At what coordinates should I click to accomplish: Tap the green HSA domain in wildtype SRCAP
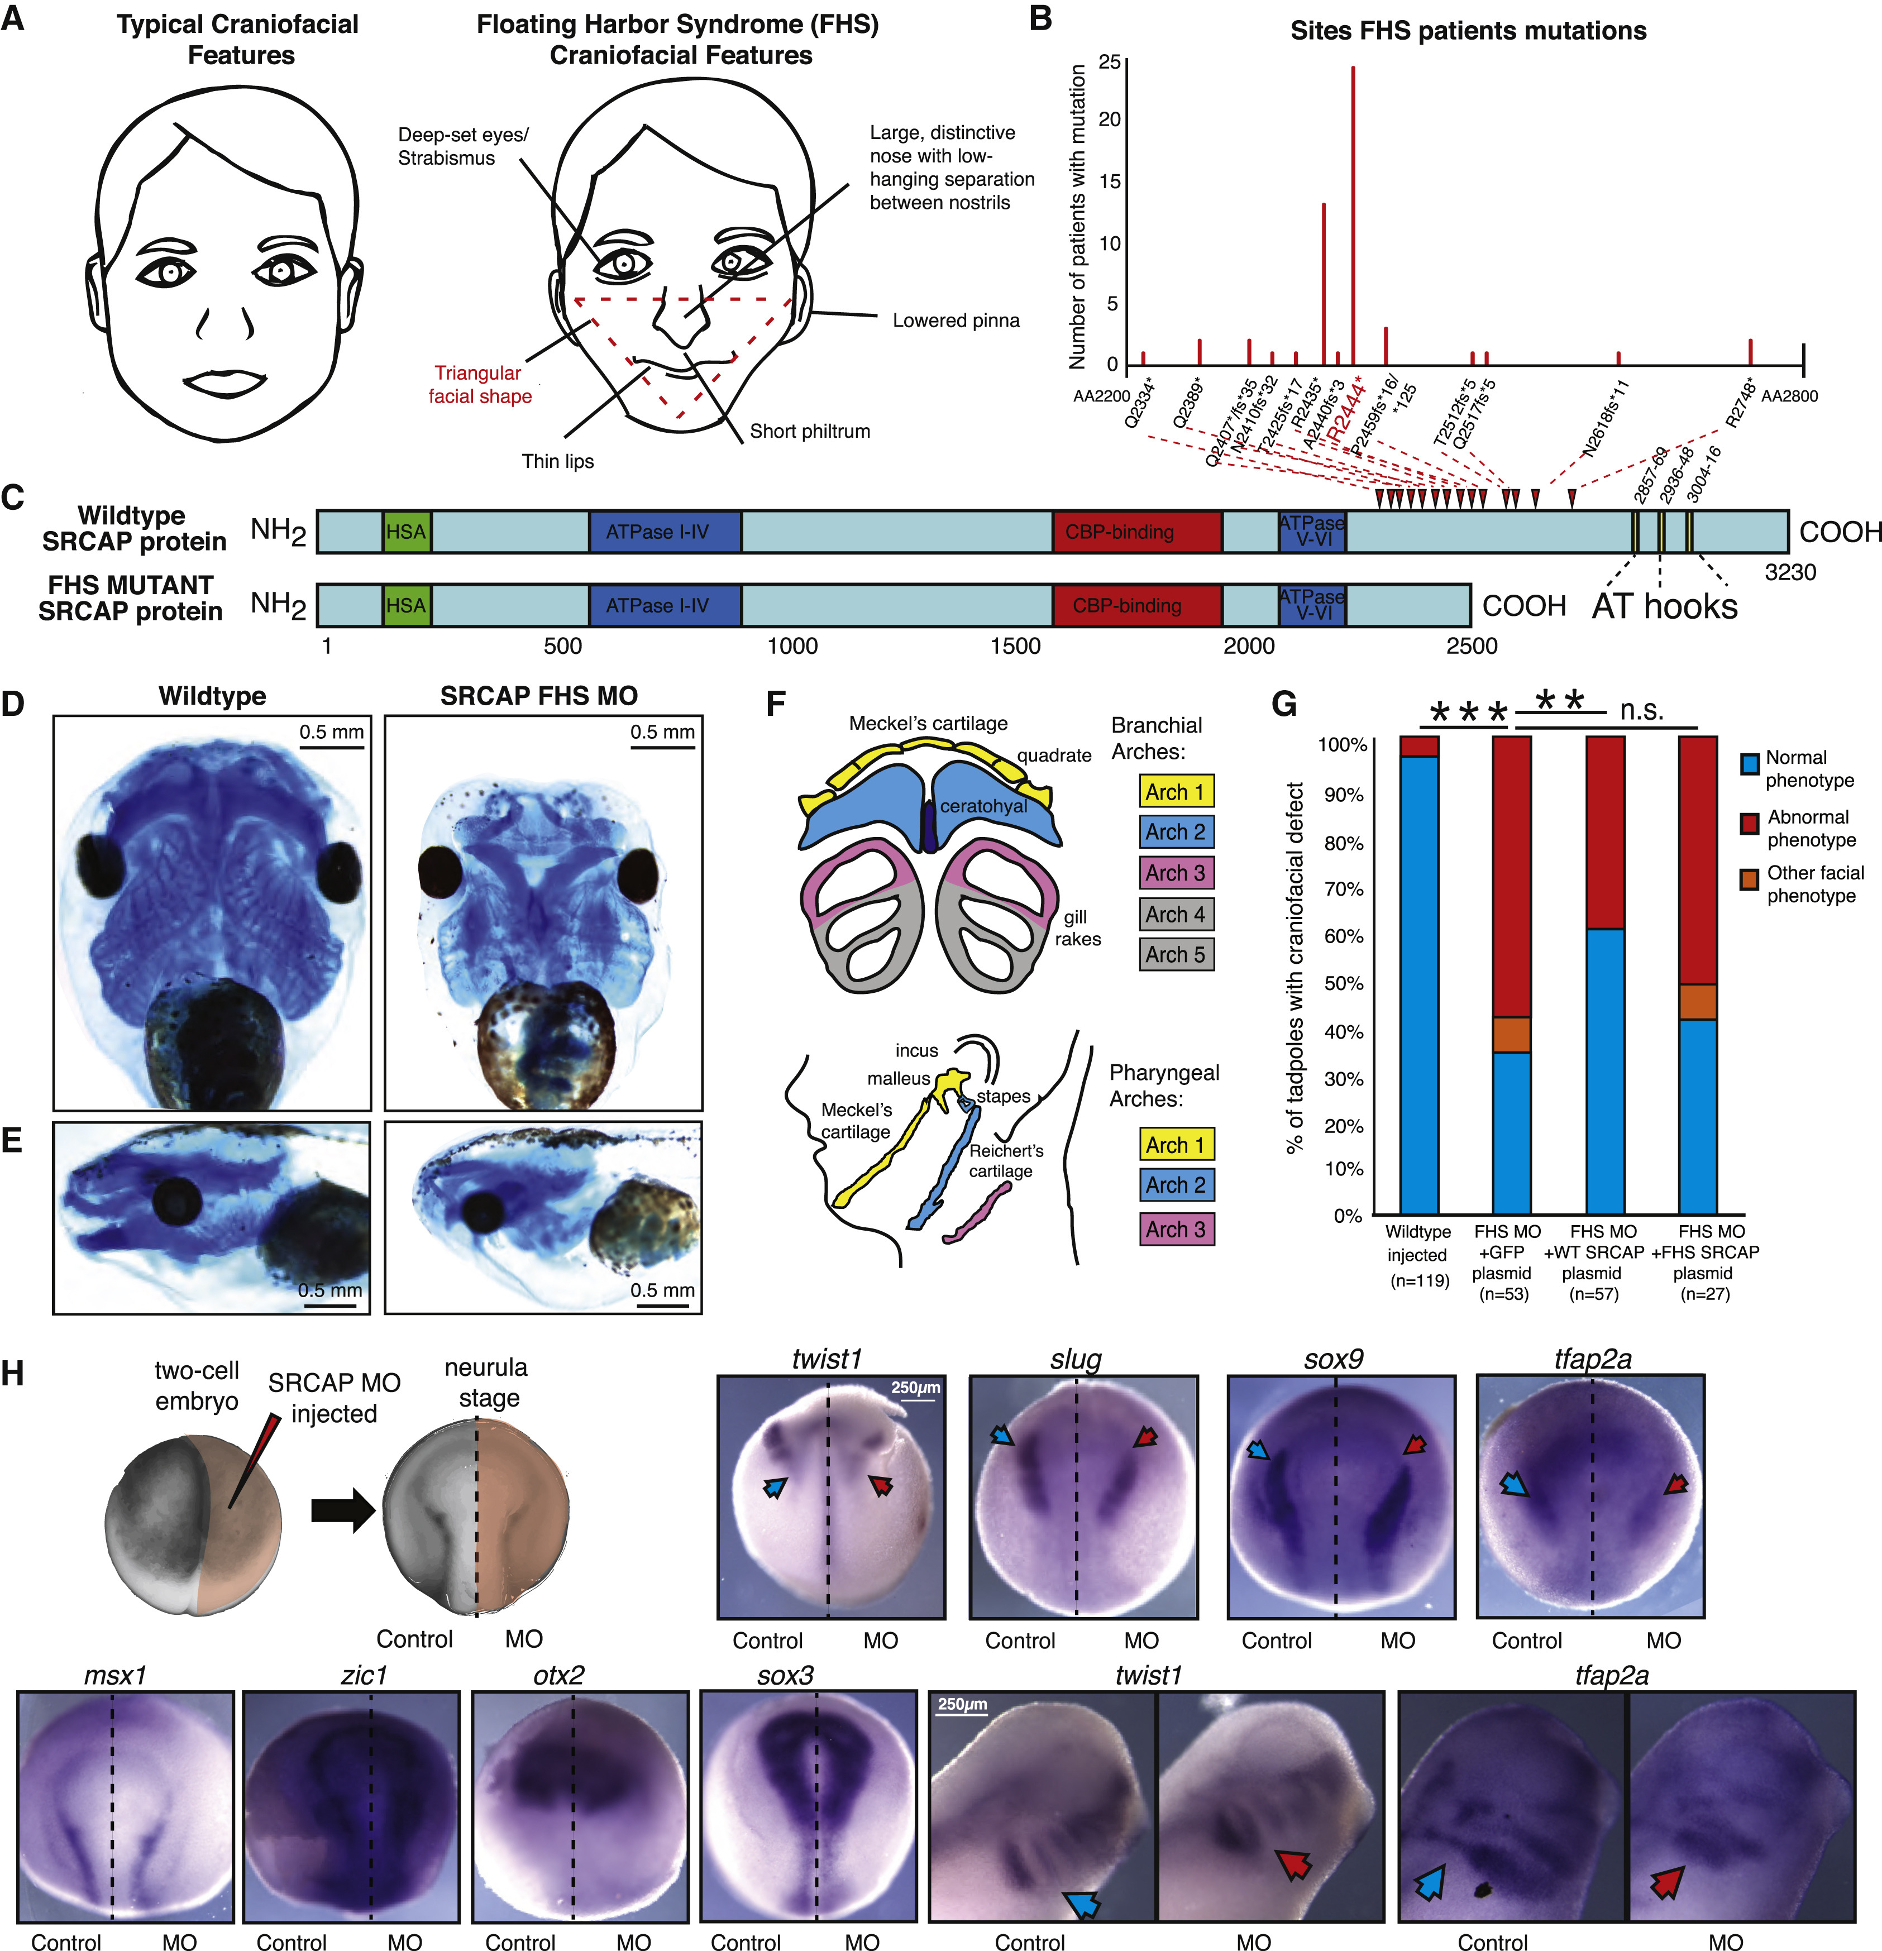point(406,532)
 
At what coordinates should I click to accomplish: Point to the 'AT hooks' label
point(1664,606)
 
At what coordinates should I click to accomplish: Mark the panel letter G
point(1284,705)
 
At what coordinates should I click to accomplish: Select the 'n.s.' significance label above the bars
point(1641,710)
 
